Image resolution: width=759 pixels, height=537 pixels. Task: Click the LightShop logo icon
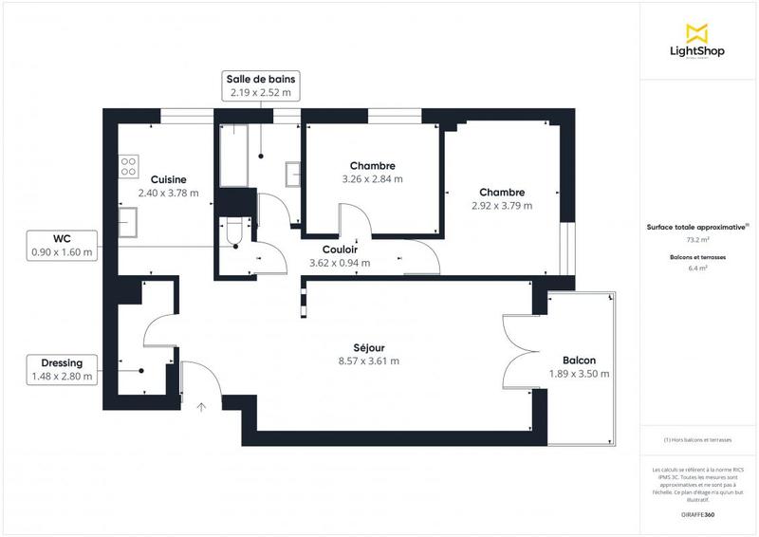coord(697,31)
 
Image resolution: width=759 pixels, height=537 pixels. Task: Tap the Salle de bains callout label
coord(259,85)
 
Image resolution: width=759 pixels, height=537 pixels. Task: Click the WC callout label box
coord(62,245)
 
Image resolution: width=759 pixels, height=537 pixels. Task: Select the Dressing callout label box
coord(62,369)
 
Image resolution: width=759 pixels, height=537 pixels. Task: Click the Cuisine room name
coord(168,179)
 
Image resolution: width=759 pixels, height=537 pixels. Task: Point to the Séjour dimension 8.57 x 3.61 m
coord(368,361)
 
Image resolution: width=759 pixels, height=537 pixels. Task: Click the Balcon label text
coord(579,361)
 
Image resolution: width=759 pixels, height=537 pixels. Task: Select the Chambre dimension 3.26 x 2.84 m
coord(372,178)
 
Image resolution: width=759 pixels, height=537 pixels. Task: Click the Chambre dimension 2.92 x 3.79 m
coord(502,205)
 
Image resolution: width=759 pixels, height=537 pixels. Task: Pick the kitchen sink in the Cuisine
coord(127,221)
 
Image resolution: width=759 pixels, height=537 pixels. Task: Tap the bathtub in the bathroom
coord(233,155)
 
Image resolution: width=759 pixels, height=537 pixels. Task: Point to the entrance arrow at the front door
coord(201,407)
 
